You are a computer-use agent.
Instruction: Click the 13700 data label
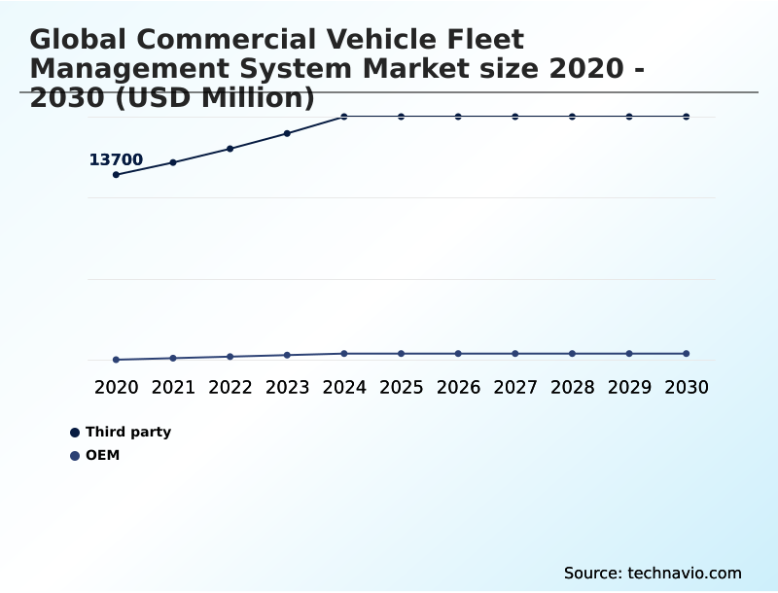(x=116, y=159)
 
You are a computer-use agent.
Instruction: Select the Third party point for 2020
(x=116, y=175)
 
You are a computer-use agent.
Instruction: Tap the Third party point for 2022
(x=230, y=149)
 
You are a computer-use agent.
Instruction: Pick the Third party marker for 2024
(x=344, y=117)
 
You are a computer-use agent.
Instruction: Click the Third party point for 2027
(x=515, y=117)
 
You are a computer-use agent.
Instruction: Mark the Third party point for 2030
(x=687, y=117)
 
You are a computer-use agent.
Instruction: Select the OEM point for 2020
(x=116, y=360)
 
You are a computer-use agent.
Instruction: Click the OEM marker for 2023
(x=287, y=355)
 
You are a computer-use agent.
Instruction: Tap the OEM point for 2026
(x=458, y=354)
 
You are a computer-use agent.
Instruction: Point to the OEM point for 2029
(x=629, y=354)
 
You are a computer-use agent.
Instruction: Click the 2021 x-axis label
(x=173, y=387)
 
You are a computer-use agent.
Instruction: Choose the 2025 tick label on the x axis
(x=401, y=387)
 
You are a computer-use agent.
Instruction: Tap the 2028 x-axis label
(x=572, y=387)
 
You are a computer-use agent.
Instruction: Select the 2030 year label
(x=687, y=387)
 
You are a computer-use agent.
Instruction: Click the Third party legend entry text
(x=128, y=432)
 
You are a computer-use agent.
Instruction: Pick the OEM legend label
(x=103, y=455)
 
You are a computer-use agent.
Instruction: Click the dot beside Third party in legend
(x=75, y=433)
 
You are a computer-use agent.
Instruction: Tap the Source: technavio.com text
(x=653, y=573)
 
